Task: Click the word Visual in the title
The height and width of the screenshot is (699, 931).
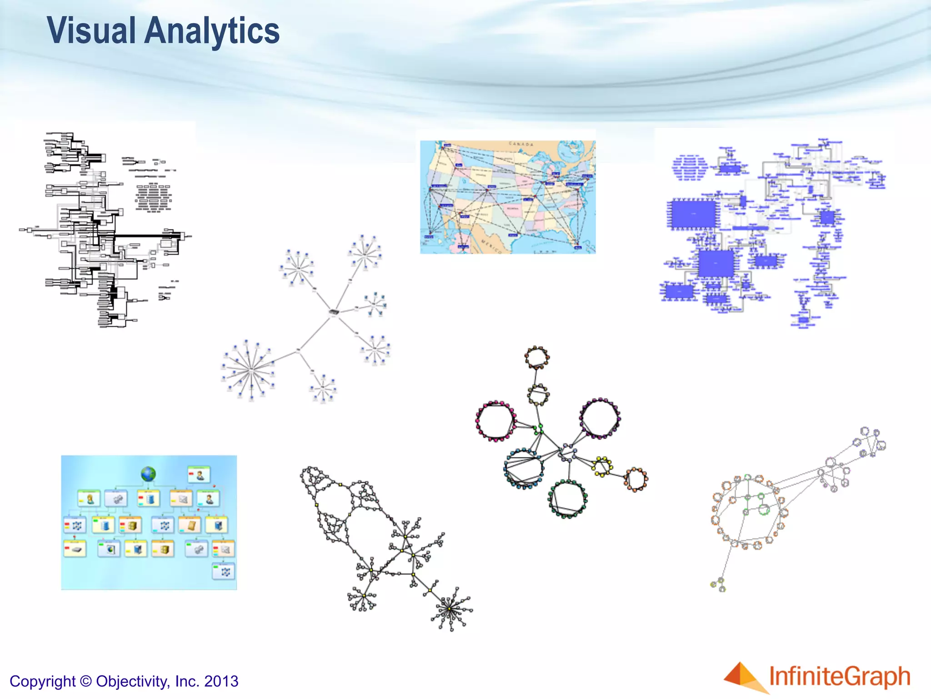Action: [91, 31]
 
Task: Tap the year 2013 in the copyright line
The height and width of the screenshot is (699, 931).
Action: [221, 681]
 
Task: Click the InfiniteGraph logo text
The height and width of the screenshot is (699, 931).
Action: [839, 677]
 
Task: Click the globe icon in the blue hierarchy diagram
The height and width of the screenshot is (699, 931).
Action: [148, 474]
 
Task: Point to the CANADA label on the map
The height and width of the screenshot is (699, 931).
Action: [521, 144]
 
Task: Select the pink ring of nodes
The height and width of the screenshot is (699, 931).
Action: [495, 421]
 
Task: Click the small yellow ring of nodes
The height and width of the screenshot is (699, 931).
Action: [602, 466]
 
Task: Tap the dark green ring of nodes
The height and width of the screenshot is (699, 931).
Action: [567, 499]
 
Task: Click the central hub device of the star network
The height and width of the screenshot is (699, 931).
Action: [334, 313]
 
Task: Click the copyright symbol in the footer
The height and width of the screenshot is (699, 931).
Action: [85, 681]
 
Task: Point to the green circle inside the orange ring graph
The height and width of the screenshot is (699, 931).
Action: [764, 509]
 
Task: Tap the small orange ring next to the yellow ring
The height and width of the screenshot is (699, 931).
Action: [635, 479]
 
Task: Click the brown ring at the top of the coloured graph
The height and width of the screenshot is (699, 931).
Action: [537, 357]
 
